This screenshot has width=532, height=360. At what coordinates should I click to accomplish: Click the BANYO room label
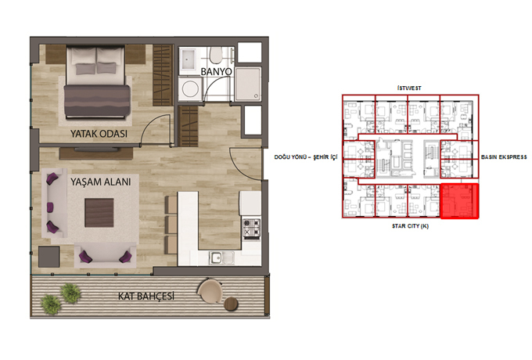[216, 71]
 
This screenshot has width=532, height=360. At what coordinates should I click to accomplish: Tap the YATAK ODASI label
[99, 133]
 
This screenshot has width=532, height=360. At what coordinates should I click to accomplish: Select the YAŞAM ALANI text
[100, 182]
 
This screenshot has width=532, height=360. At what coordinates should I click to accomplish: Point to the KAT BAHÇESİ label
[146, 296]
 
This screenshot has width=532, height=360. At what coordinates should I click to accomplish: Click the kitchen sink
[221, 258]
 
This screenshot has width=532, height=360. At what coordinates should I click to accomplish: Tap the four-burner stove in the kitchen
[251, 228]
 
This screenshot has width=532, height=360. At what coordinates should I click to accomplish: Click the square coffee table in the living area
[99, 213]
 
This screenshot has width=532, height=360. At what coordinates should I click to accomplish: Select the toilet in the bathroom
[216, 55]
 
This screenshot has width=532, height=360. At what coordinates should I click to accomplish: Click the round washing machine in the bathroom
[190, 88]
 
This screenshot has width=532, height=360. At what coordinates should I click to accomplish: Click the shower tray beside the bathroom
[248, 85]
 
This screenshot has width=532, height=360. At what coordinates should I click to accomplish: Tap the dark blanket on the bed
[97, 101]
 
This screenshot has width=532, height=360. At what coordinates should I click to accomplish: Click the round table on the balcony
[232, 304]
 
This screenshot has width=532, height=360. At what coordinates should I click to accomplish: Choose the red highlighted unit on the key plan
[459, 201]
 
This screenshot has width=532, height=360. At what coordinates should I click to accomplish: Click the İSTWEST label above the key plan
[409, 88]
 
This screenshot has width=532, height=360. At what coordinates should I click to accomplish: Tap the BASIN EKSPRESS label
[504, 157]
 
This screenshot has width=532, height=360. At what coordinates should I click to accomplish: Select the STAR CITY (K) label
[410, 226]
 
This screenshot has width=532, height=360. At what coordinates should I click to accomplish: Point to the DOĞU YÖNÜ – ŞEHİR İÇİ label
[306, 157]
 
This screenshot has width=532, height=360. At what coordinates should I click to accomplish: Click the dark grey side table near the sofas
[49, 257]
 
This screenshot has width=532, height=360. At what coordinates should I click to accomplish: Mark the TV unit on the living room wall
[96, 153]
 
